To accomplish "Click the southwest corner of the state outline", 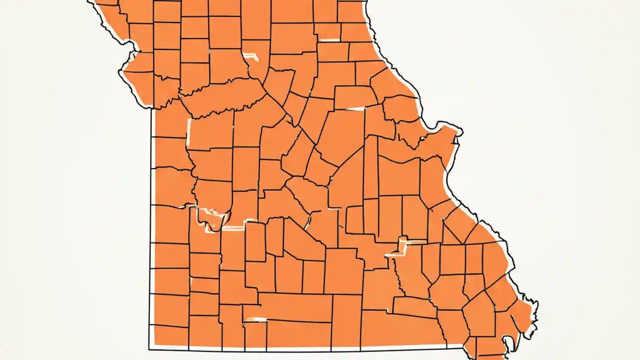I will point(149,349).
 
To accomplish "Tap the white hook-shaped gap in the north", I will point(251,56).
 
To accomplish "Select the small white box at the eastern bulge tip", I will point(457,131).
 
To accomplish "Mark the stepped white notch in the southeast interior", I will point(400,247).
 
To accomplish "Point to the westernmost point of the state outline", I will point(119,73).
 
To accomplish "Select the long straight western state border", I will point(150,225).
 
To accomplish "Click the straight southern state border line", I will point(300,349).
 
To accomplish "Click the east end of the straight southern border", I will point(463,346).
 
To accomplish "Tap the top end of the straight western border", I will point(151,109).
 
